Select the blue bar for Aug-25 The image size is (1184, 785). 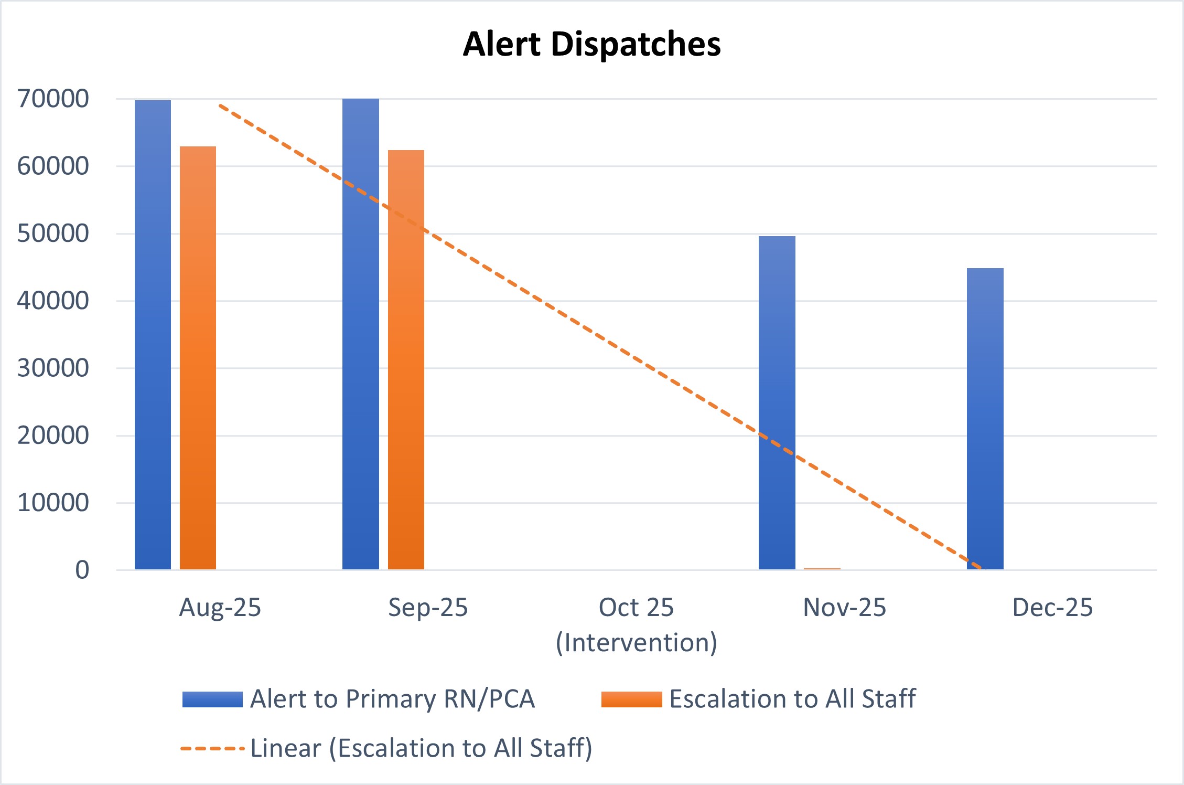[x=153, y=335]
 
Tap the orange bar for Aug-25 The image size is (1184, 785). [x=198, y=358]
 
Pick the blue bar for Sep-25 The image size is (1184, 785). [x=361, y=334]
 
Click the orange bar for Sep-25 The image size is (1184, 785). [x=406, y=359]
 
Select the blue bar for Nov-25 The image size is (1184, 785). [x=777, y=402]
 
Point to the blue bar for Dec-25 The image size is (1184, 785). [x=985, y=419]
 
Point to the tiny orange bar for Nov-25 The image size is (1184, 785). [x=822, y=569]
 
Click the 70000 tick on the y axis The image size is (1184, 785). [x=53, y=99]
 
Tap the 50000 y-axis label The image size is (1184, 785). [x=53, y=234]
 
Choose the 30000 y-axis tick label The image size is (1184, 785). [x=53, y=368]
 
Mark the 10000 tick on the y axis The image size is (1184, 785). [x=53, y=503]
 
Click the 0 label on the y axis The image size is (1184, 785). [x=82, y=570]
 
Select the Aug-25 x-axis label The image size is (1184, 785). [x=220, y=608]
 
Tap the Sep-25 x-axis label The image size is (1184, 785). [x=428, y=608]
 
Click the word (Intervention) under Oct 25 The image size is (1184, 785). [x=637, y=642]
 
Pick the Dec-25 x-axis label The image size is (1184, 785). [x=1052, y=608]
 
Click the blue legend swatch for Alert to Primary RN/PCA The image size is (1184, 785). [x=212, y=699]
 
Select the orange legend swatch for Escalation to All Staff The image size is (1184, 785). [x=632, y=699]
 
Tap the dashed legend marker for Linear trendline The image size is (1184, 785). [x=212, y=748]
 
